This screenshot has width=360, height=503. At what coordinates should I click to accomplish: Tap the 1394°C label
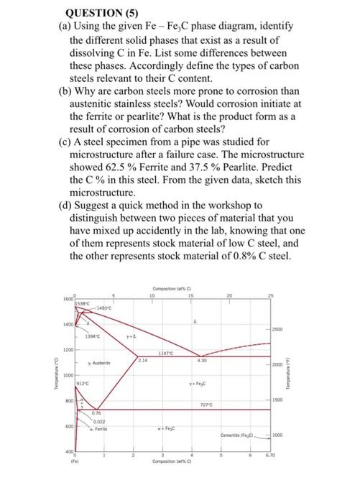[x=93, y=335]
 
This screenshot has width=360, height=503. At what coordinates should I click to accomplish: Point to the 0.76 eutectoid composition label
[x=96, y=413]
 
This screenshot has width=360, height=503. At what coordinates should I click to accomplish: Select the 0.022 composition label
[x=99, y=422]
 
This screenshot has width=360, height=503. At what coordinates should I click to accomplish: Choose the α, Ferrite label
[x=100, y=429]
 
